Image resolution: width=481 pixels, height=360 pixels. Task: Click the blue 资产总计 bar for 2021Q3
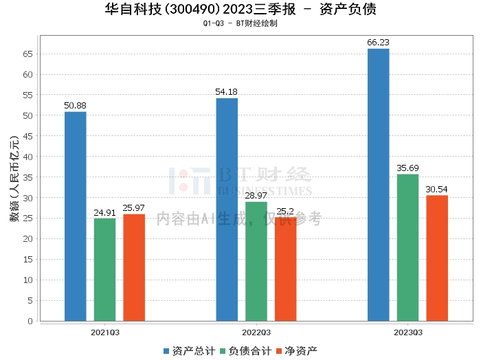point(76,216)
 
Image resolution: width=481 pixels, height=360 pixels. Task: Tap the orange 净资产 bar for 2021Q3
point(134,267)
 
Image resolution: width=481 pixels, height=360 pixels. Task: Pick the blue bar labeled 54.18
point(227,209)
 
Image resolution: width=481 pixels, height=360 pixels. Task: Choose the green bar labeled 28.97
point(256,261)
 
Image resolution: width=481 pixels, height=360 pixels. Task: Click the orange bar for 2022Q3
point(286,269)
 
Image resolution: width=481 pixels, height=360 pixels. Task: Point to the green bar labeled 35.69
point(407,247)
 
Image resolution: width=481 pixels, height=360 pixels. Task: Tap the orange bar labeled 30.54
point(437,258)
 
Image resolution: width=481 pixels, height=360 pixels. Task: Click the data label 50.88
point(76,105)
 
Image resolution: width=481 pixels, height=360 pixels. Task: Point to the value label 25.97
point(134,207)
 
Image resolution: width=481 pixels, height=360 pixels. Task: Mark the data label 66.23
point(378,42)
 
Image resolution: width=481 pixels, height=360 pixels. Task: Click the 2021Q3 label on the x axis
point(105,332)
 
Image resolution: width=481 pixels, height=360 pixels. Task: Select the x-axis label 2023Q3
point(407,332)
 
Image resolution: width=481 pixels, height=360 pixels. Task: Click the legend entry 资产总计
point(188,350)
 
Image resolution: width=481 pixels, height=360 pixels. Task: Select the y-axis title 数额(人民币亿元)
point(13,183)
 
